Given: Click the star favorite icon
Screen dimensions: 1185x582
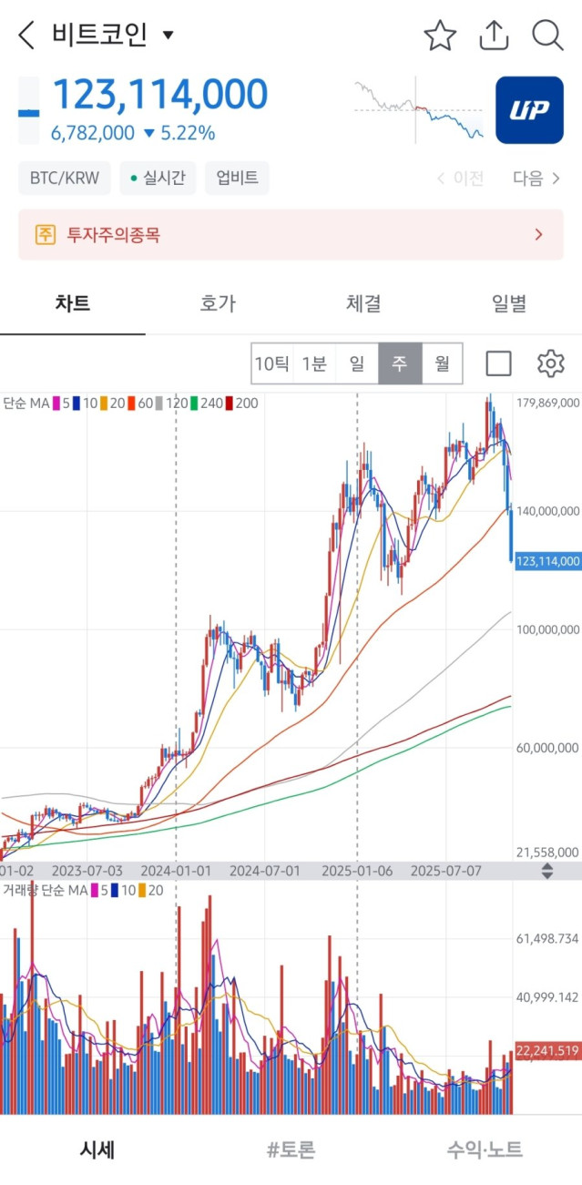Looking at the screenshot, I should pos(440,36).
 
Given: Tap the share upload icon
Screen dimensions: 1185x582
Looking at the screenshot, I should pos(494,36).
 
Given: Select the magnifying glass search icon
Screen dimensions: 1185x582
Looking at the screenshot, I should pos(547,36).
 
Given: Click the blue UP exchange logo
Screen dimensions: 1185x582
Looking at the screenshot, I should pos(529,110).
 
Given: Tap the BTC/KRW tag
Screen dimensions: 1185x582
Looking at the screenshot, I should pos(64,178).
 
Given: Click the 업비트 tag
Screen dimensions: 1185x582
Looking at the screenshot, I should pos(237,178).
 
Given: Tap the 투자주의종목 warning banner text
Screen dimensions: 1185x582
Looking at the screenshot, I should pos(113,234).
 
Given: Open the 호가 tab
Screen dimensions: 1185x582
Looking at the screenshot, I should pos(218,303).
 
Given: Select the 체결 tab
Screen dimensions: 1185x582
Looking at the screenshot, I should pos(363,303).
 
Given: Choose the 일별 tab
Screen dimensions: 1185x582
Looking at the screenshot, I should pos(509,303).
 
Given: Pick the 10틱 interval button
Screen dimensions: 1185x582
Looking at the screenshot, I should pos(272,364).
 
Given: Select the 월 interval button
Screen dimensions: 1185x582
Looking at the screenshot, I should pos(443,364).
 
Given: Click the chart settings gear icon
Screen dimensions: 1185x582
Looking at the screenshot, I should pos(550,363).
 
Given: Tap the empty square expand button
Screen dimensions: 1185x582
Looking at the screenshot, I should pos(498,363).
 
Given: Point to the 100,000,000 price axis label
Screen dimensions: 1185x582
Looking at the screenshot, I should pos(546,629).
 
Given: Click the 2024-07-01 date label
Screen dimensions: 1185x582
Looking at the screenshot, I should pos(264,870).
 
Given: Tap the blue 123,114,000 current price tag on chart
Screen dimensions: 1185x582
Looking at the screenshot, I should pos(547,561).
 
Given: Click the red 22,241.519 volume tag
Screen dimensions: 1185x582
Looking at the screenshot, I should pos(547,1051).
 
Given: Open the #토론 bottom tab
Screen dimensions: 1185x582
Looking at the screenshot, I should pos(291,1149).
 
